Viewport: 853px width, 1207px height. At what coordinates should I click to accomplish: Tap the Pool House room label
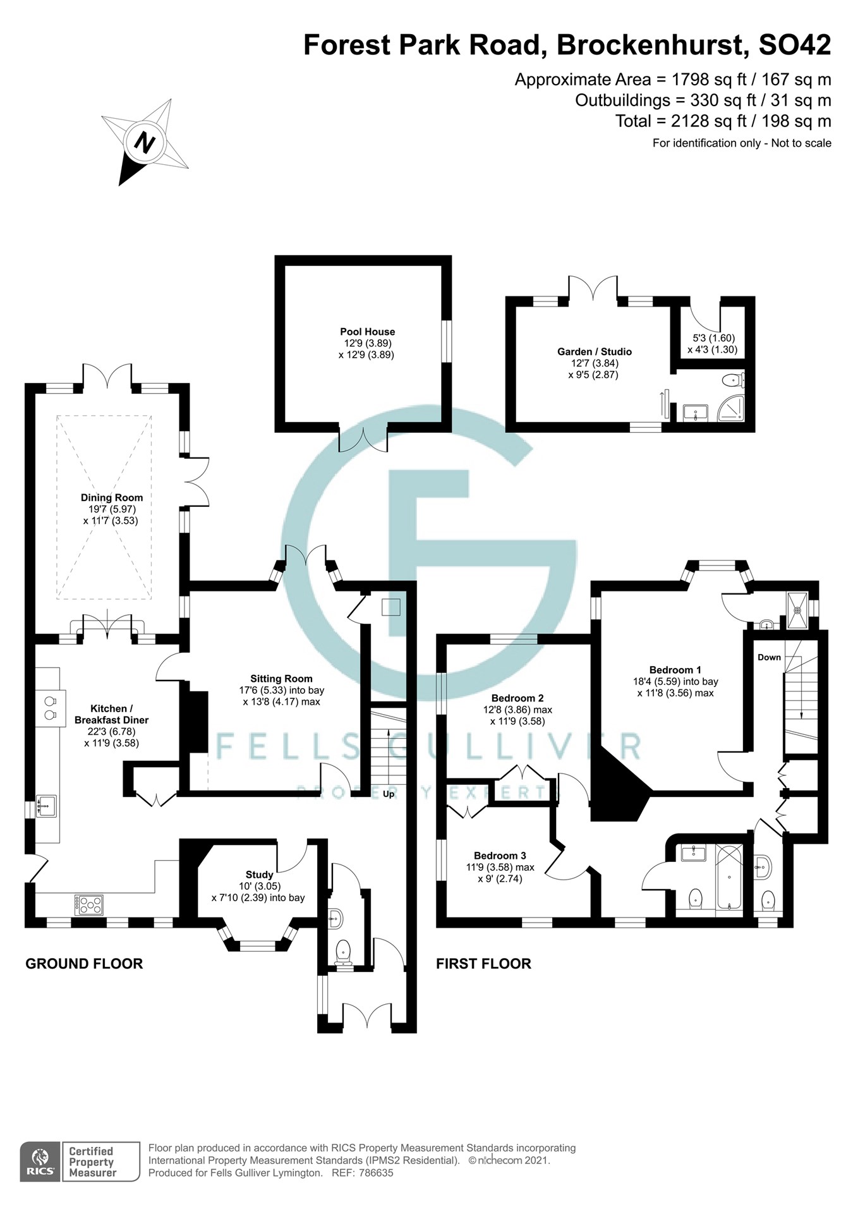click(367, 332)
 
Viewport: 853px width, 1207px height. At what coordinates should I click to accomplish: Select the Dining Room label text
click(112, 498)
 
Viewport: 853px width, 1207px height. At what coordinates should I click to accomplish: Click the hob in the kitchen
click(88, 906)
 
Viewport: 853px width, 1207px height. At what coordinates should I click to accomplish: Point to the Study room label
click(259, 875)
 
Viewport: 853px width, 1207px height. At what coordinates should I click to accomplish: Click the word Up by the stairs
click(389, 794)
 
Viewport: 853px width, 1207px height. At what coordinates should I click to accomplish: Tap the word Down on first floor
click(769, 657)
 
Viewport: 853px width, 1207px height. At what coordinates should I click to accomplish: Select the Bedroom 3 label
click(500, 856)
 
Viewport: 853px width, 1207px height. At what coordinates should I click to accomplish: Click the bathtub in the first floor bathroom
click(729, 877)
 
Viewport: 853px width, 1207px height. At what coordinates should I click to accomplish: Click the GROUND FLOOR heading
click(84, 964)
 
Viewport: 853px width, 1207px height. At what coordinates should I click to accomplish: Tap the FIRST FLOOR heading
click(483, 964)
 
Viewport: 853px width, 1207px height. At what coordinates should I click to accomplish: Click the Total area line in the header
click(723, 121)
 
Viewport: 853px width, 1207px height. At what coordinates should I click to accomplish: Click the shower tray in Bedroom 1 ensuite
click(797, 610)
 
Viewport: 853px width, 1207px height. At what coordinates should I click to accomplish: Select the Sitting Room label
click(281, 679)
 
